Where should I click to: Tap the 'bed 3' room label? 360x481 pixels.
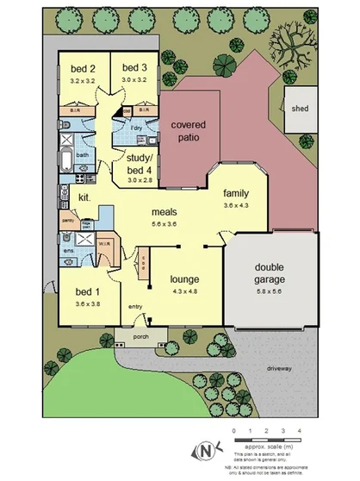pos(134,68)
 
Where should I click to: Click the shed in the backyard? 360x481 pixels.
pos(300,109)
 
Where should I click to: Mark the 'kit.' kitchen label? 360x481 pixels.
pos(85,197)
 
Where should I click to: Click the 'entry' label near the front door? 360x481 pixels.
pos(136,306)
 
